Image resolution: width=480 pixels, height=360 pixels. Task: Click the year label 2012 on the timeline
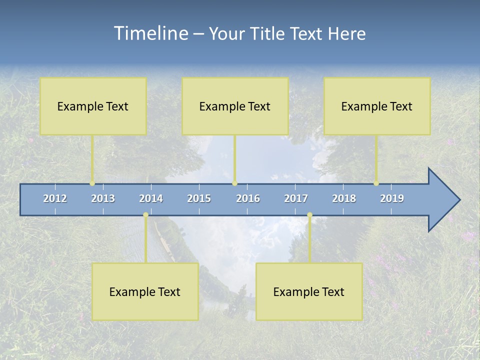pyautogui.click(x=55, y=198)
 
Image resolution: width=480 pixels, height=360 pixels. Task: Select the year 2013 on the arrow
pyautogui.click(x=103, y=198)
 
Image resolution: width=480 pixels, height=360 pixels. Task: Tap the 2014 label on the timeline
pyautogui.click(x=151, y=198)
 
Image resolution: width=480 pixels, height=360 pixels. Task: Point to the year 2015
pyautogui.click(x=199, y=198)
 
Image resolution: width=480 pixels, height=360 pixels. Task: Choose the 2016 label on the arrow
pyautogui.click(x=248, y=198)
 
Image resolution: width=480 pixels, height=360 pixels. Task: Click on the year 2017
pyautogui.click(x=296, y=198)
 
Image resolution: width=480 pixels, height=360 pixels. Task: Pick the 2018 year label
pyautogui.click(x=344, y=198)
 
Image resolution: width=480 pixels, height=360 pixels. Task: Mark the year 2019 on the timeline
pyautogui.click(x=392, y=198)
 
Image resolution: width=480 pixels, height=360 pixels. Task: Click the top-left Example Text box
pyautogui.click(x=93, y=106)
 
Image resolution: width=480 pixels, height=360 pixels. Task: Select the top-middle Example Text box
pyautogui.click(x=235, y=106)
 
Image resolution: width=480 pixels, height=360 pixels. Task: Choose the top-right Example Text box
pyautogui.click(x=377, y=106)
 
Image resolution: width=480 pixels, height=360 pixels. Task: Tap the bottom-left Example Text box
pyautogui.click(x=145, y=291)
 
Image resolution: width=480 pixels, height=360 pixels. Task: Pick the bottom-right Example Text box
pyautogui.click(x=309, y=291)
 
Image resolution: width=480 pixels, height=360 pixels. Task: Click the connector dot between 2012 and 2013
pyautogui.click(x=92, y=183)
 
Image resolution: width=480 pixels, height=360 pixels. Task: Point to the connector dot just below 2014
pyautogui.click(x=145, y=215)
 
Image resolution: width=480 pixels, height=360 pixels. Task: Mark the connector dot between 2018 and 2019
pyautogui.click(x=376, y=183)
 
